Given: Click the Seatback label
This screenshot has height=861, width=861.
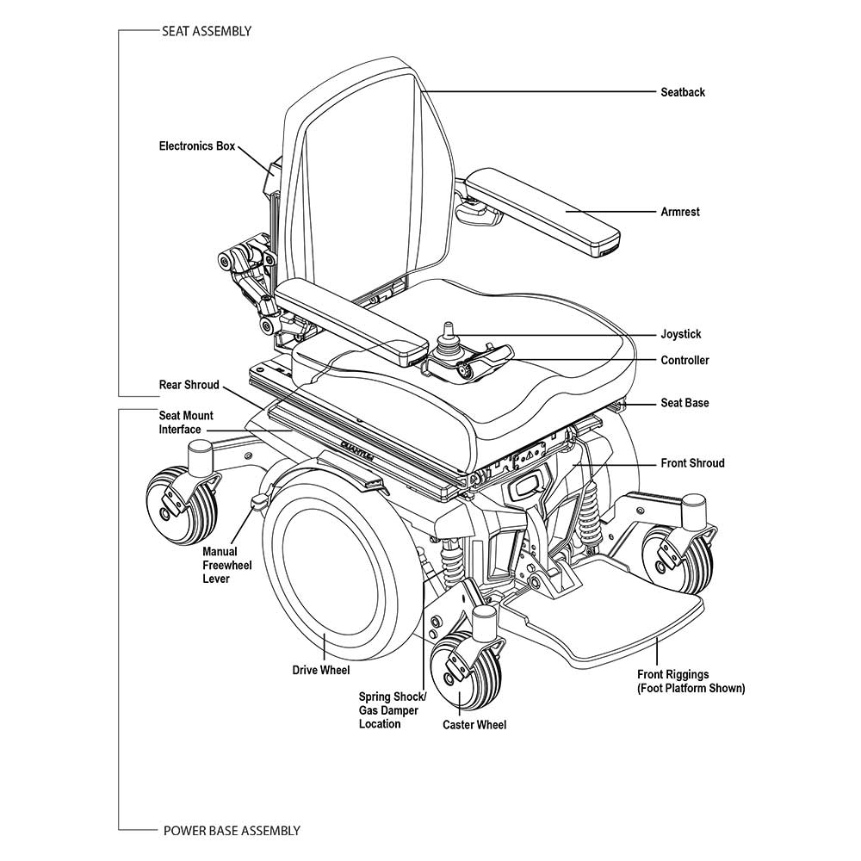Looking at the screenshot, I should coord(682,92).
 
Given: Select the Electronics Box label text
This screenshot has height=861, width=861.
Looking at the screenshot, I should coord(196,146).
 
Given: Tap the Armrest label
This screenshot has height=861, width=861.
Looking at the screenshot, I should coord(679,212).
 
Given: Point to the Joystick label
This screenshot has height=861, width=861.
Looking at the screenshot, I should coord(680,334).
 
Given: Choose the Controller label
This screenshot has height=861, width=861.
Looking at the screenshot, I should coord(684,360).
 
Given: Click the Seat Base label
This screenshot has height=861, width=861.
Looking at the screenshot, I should coord(684,403).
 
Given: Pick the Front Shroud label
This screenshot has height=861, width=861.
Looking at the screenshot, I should coord(692,463).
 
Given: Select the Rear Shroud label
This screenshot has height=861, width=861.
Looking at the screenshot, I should coord(189,385).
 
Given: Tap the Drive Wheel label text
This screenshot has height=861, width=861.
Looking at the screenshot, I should coord(321,670).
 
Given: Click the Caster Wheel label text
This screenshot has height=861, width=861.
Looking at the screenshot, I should coord(474,725).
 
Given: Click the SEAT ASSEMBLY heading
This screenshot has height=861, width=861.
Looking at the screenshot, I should coord(207,31).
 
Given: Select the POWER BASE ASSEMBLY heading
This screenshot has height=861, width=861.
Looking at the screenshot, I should coord(231,831).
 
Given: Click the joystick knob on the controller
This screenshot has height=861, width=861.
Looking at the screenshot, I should coord(448,330).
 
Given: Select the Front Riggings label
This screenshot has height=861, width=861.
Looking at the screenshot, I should coord(691,682).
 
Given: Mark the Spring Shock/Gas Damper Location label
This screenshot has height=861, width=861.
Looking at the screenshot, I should coord(392,710).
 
